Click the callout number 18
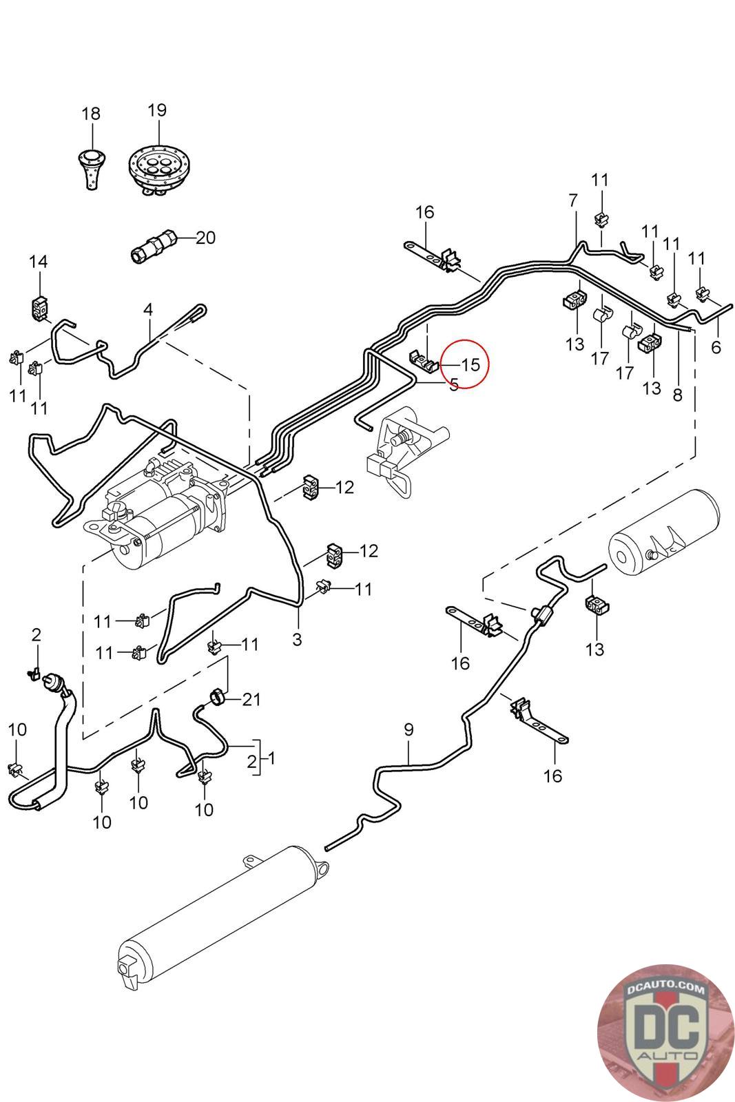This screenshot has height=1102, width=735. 91,114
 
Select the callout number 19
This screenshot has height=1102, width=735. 157,110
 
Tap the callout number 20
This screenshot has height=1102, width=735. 205,238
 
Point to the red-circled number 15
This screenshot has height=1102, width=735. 470,364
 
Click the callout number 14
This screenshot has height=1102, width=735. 39,262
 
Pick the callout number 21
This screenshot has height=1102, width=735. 251,700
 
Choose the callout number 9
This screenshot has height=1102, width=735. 408,729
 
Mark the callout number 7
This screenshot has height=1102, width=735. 573,201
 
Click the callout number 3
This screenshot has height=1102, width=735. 297,639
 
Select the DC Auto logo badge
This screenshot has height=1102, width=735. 665,1031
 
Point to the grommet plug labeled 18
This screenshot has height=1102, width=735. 90,165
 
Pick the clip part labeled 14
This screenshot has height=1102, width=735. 41,306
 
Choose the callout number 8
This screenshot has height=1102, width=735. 677,395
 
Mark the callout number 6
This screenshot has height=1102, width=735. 716,347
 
